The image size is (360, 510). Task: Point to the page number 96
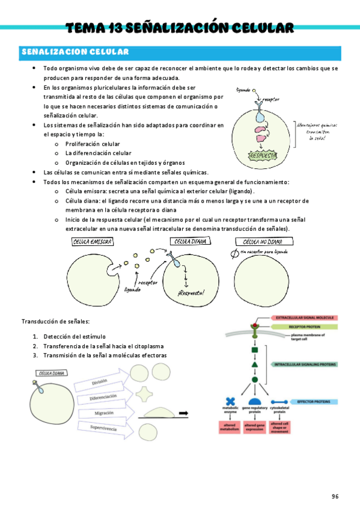pyautogui.click(x=335, y=496)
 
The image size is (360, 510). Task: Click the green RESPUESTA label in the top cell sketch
pyautogui.click(x=263, y=156)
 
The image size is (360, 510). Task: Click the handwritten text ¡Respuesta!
pyautogui.click(x=191, y=292)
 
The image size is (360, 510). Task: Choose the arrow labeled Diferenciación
pyautogui.click(x=103, y=398)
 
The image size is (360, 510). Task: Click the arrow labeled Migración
pyautogui.click(x=103, y=413)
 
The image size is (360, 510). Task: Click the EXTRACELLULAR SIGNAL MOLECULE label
pyautogui.click(x=306, y=317)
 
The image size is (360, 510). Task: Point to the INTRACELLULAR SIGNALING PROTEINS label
pyautogui.click(x=305, y=364)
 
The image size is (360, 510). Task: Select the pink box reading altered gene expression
pyautogui.click(x=254, y=428)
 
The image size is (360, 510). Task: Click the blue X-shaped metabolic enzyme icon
pyautogui.click(x=230, y=402)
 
